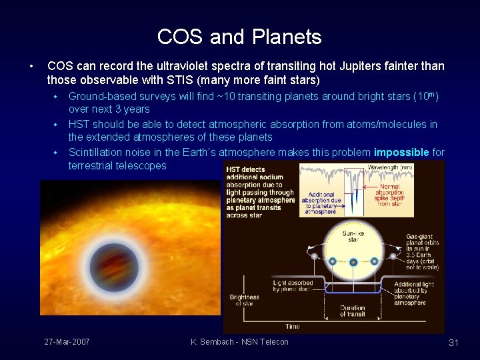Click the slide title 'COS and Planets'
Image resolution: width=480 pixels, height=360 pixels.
click(239, 37)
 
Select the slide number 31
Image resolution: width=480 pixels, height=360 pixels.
click(453, 343)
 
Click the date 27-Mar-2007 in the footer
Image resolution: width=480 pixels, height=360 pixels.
click(67, 342)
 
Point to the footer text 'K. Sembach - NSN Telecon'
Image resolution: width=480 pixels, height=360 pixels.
click(239, 342)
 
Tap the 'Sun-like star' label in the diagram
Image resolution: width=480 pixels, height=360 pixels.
click(352, 237)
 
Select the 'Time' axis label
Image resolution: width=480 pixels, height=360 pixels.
click(293, 327)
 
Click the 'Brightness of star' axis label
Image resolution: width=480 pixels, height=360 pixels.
click(244, 301)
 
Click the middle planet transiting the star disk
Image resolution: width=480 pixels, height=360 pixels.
click(352, 261)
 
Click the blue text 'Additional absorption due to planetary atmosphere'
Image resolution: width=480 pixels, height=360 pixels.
click(321, 201)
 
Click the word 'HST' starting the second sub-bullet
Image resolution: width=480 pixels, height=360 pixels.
click(79, 124)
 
